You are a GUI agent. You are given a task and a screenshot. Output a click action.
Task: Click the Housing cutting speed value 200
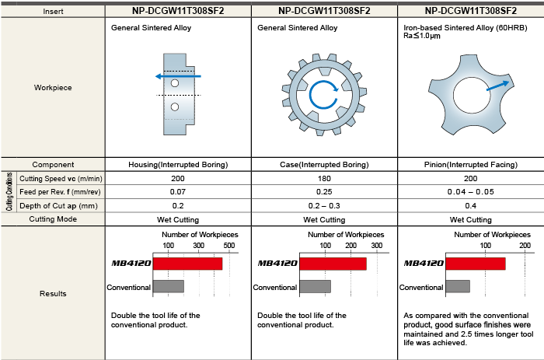point(179,178)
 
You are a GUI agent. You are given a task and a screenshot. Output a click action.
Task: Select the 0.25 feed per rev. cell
point(324,191)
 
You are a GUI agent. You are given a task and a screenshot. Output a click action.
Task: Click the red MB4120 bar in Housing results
point(187,264)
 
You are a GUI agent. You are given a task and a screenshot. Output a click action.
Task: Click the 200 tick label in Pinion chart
point(525,246)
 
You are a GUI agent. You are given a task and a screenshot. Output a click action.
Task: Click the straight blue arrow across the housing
point(178,75)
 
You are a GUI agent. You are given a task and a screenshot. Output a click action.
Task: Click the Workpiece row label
point(53,88)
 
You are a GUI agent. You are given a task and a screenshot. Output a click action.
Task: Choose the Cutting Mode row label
point(53,219)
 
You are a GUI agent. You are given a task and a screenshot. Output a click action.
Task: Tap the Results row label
point(53,293)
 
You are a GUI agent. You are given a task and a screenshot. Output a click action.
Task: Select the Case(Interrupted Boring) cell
point(324,164)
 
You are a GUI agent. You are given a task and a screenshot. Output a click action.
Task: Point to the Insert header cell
point(53,12)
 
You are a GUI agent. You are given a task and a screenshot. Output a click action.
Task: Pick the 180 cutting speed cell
point(324,178)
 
